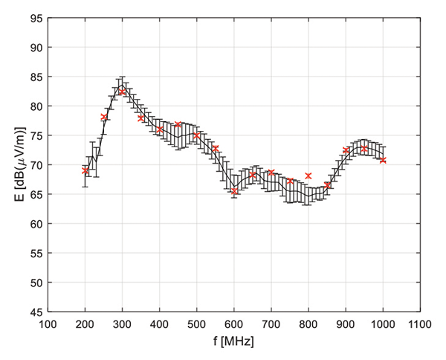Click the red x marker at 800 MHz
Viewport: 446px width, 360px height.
click(x=308, y=176)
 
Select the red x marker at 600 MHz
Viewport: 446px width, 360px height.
click(x=234, y=191)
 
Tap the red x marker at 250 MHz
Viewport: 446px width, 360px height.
click(x=104, y=117)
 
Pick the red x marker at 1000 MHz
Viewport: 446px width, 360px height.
click(x=383, y=160)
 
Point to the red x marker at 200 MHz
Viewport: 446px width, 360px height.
click(x=85, y=170)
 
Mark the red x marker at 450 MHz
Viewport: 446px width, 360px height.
click(x=178, y=124)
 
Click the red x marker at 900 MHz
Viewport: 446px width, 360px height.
click(x=346, y=150)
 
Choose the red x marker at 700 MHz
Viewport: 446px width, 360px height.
click(x=271, y=173)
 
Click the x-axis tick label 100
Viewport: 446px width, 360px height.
click(x=48, y=324)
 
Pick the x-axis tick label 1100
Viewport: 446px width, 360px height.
click(x=420, y=324)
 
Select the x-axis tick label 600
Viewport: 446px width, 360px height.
click(x=234, y=324)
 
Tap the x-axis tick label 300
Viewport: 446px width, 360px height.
click(x=123, y=324)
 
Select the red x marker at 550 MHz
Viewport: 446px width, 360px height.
click(x=216, y=149)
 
